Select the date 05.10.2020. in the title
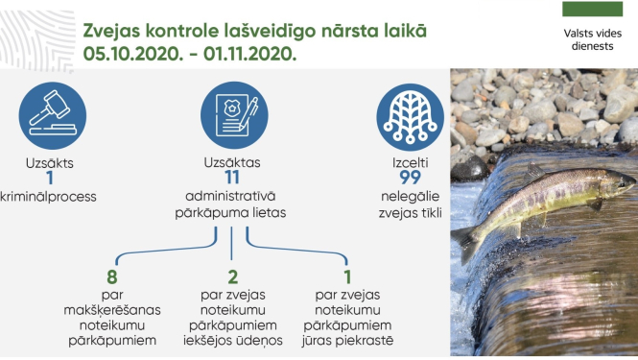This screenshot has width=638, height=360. coord(137,54)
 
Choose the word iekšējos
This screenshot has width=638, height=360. coord(208,340)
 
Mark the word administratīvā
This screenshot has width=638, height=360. coord(231,197)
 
